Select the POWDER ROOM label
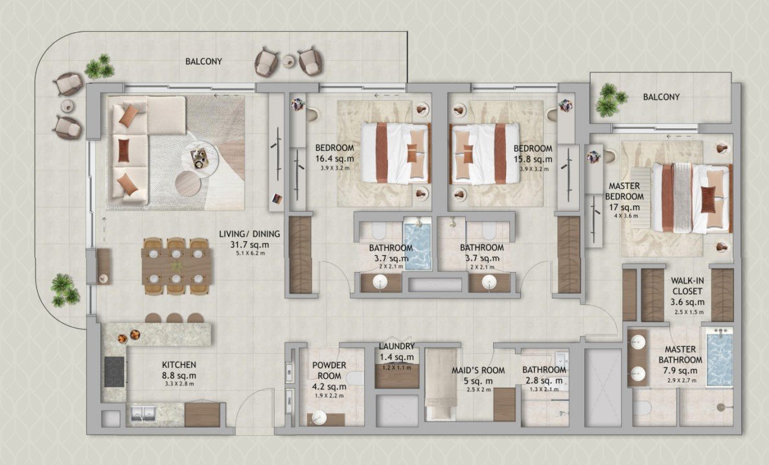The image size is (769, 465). click(329, 369)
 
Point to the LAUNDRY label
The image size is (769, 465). click(396, 346)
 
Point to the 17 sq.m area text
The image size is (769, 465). click(625, 207)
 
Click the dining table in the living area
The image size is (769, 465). click(177, 266)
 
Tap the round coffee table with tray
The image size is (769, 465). click(203, 156)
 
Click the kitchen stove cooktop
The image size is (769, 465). click(114, 372)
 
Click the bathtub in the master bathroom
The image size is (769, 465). click(718, 358)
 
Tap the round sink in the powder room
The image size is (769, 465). click(318, 416)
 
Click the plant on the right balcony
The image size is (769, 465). click(610, 99)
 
